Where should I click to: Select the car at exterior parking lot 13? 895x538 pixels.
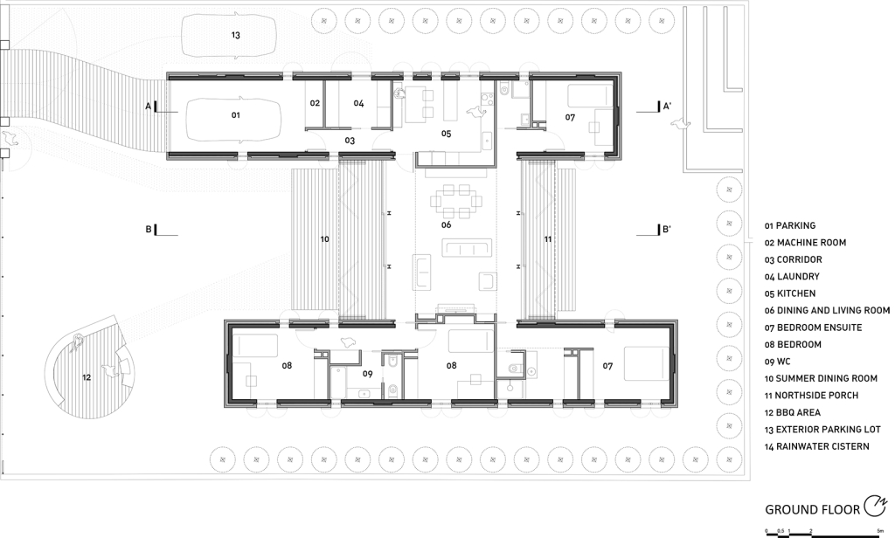click(229, 36)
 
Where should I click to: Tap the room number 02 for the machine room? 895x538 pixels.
click(315, 103)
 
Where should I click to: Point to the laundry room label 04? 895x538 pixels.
click(358, 103)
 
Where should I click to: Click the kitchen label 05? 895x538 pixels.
click(447, 134)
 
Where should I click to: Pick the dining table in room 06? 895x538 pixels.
click(456, 202)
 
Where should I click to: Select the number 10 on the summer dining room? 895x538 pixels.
click(325, 239)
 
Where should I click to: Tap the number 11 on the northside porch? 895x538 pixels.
click(548, 239)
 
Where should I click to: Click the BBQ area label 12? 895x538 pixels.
click(87, 377)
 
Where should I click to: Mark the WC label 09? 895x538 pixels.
click(368, 375)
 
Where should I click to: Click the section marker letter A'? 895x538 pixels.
click(667, 107)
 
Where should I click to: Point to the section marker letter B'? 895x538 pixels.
click(667, 230)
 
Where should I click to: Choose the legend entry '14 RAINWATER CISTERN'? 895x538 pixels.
click(817, 446)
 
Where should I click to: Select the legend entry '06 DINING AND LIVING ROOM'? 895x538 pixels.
click(827, 310)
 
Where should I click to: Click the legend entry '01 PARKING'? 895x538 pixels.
click(790, 226)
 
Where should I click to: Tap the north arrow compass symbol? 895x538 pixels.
click(876, 506)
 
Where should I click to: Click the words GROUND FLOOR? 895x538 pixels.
click(812, 509)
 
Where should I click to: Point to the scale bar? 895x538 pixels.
click(823, 534)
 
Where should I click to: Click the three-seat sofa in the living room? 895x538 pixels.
click(467, 249)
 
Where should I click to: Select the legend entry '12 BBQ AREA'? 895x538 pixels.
click(793, 412)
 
